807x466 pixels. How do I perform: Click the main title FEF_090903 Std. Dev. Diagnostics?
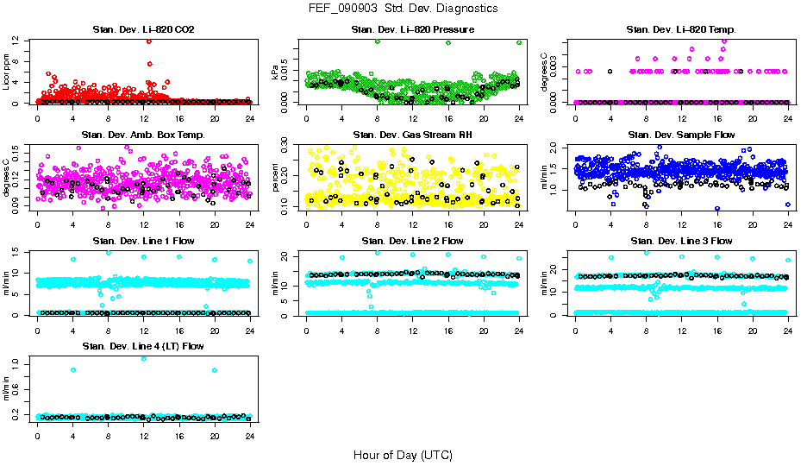tap(403, 8)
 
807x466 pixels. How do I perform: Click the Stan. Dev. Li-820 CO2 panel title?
tap(143, 30)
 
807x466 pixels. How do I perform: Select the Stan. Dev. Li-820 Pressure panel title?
tap(413, 30)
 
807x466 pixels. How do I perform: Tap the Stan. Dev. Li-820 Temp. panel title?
tap(681, 30)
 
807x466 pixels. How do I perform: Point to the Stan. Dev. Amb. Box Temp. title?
tap(143, 135)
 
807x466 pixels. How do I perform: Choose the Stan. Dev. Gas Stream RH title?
tap(413, 135)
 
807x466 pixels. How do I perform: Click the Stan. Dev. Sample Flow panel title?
tap(681, 135)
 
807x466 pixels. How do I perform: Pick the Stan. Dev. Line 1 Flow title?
tap(143, 241)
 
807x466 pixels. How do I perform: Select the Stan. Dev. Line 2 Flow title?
tap(413, 241)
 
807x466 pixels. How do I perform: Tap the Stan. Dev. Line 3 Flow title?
tap(681, 241)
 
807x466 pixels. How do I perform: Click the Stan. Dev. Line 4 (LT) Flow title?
tap(143, 346)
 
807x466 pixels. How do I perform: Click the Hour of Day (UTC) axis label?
tap(403, 455)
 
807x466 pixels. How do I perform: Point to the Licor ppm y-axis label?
tap(6, 71)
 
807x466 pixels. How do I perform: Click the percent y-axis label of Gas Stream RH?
tap(276, 177)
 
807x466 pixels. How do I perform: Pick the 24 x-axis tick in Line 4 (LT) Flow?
tap(250, 435)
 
